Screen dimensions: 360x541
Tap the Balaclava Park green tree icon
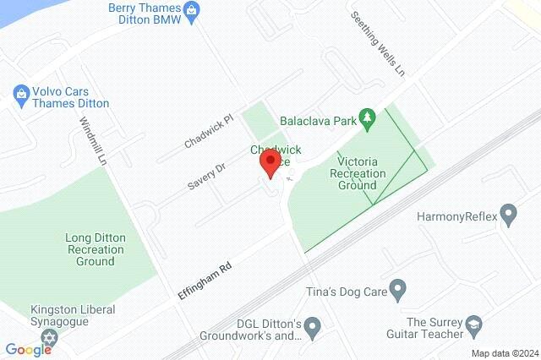(367, 120)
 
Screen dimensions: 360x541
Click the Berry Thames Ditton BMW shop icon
(193, 11)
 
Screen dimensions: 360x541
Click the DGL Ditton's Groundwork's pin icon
(313, 325)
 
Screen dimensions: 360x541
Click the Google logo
(29, 350)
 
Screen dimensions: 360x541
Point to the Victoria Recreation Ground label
(361, 173)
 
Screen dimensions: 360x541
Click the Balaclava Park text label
(320, 121)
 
